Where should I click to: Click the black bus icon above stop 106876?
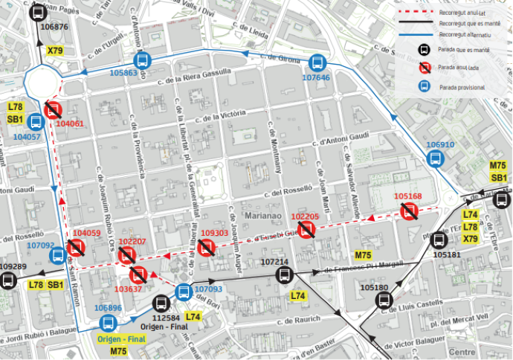point(37,12)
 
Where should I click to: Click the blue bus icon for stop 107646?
point(317,64)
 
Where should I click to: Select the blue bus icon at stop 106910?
point(436,158)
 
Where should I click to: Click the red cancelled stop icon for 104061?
point(53,111)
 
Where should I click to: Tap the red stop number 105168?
point(407,197)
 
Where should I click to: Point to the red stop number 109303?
point(215,233)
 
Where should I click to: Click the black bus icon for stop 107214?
point(284,275)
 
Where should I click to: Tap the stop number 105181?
point(447,254)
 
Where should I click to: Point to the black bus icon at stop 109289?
point(9,280)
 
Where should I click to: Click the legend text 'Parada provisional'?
point(462,87)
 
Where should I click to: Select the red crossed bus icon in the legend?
point(422,68)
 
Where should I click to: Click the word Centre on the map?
point(462,352)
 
